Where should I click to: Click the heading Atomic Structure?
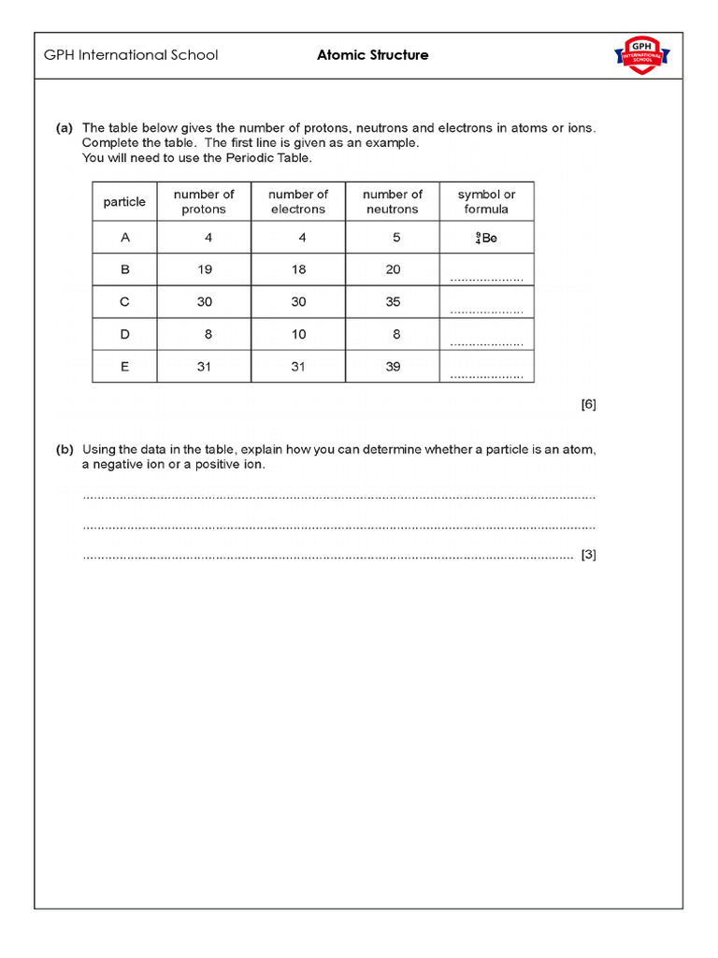(373, 55)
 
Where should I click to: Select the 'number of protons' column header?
(204, 201)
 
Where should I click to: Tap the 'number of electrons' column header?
(298, 201)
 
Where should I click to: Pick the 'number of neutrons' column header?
(393, 201)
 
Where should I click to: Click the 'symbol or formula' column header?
(486, 201)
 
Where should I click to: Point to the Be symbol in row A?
(486, 239)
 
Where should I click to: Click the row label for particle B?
(124, 269)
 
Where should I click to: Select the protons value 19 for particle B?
(205, 269)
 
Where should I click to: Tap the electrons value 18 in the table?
(298, 269)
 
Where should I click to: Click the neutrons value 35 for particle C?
(393, 302)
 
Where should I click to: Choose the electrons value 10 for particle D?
(298, 334)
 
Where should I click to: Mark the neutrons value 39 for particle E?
(393, 367)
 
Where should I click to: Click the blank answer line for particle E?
(486, 375)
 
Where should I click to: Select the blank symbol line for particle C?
(486, 311)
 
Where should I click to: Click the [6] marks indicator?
(588, 404)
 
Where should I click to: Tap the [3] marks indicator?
(588, 555)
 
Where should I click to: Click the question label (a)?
(65, 127)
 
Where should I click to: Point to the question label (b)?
(65, 449)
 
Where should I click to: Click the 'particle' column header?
(124, 202)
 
